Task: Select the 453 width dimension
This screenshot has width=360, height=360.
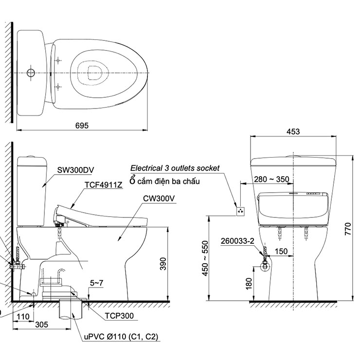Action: [293, 131]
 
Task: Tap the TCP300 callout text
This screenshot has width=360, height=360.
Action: [120, 315]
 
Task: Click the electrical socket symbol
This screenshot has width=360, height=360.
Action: [240, 211]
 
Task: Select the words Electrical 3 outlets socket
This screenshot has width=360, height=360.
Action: [175, 168]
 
